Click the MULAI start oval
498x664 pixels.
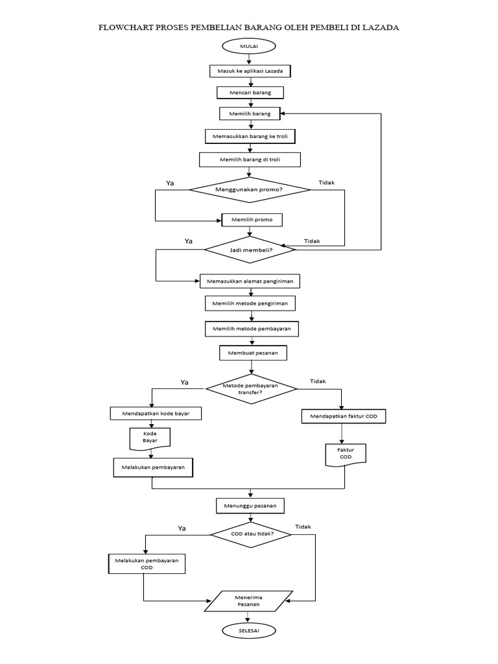(249, 46)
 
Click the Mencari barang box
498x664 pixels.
(250, 92)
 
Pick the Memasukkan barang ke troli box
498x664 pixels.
(250, 136)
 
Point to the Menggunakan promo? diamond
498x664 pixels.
(250, 189)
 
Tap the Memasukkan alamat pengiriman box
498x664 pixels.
(250, 281)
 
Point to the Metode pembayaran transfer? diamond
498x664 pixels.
(250, 388)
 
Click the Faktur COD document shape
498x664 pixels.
(345, 453)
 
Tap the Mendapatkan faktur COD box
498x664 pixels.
(344, 416)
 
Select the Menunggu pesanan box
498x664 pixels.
(250, 505)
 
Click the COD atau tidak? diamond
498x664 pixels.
(252, 534)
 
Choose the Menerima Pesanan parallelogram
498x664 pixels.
(248, 600)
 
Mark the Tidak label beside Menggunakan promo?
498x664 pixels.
(327, 182)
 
